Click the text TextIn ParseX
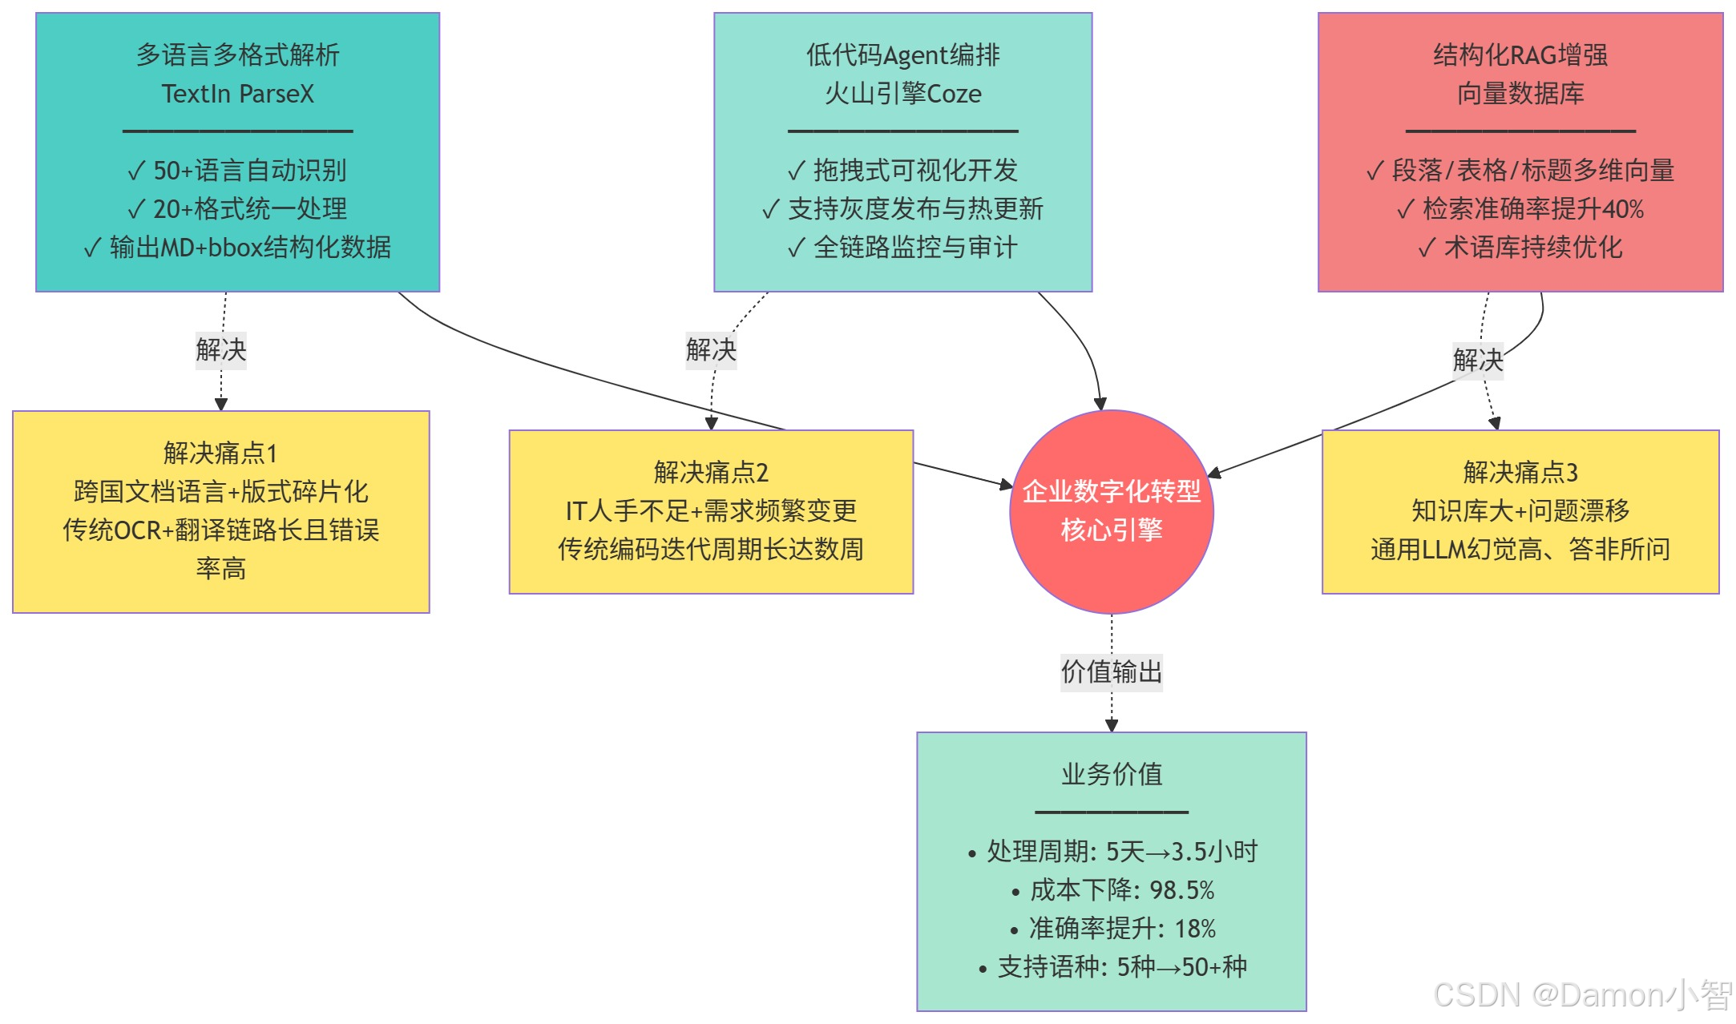coord(237,94)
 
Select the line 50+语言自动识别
coord(237,171)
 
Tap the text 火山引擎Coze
coord(902,94)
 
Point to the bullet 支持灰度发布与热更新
coord(902,209)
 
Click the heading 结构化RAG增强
coord(1520,55)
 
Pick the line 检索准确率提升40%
coord(1520,209)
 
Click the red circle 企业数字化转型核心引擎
coord(1111,511)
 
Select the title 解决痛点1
coord(220,453)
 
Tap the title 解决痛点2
coord(711,472)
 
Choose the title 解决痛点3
coord(1520,472)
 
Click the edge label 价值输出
coord(1111,671)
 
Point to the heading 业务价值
coord(1111,774)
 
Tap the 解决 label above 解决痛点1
coord(220,349)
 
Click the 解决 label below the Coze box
coord(710,349)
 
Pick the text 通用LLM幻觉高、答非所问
coord(1520,549)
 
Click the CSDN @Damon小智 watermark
coord(1582,995)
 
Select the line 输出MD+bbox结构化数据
coord(237,248)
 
